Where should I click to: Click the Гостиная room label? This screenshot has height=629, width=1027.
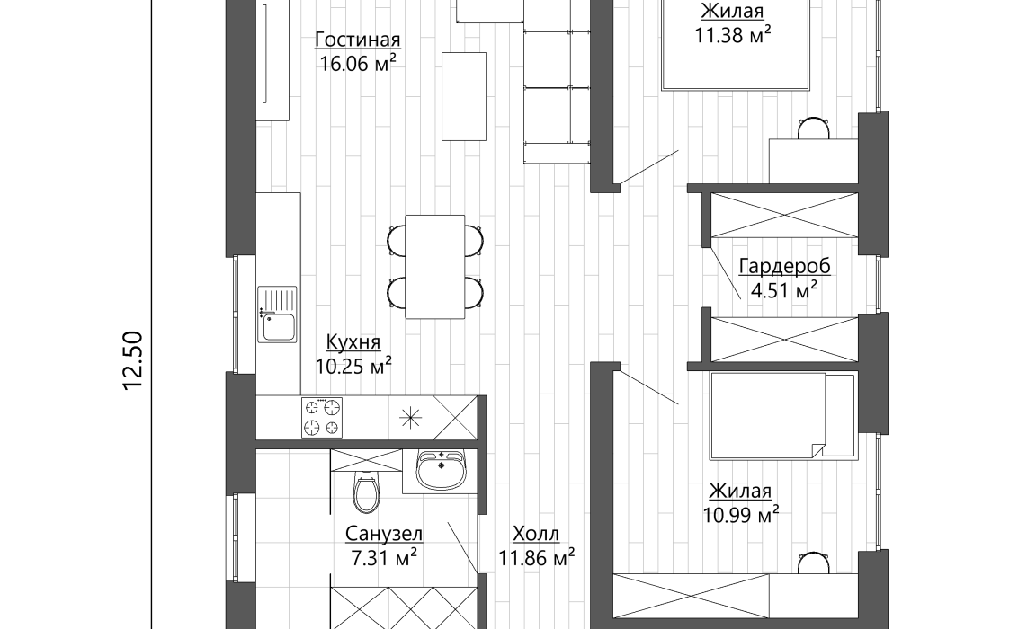coord(358,40)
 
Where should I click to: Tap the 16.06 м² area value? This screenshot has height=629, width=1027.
coord(358,63)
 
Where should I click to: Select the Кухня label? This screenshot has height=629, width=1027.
coord(353,342)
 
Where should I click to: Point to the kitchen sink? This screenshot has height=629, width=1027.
coord(277,314)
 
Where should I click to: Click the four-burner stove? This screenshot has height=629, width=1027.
coord(322,418)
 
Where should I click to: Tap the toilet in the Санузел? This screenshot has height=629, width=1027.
coord(366,491)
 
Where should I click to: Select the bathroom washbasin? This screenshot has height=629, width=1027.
coord(441,470)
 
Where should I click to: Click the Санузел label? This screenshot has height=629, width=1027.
coord(384,534)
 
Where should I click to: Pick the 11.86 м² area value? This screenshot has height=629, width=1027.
coord(536,558)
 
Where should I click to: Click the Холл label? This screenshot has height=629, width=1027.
coord(536,534)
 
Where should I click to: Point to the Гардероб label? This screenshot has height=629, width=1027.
coord(785,266)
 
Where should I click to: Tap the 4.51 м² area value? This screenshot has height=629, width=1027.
coord(784,290)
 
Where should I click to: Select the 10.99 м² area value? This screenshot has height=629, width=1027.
coord(741,515)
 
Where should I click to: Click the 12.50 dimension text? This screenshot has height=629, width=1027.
coord(133,360)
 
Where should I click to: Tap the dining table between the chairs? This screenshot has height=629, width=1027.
coord(435,267)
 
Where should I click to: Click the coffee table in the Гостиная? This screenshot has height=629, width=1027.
coord(464,96)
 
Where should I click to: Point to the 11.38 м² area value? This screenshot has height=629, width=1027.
coord(732,35)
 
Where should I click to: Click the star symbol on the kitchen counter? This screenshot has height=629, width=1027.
coord(411,418)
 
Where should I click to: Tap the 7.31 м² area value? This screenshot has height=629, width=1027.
coord(384,558)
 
